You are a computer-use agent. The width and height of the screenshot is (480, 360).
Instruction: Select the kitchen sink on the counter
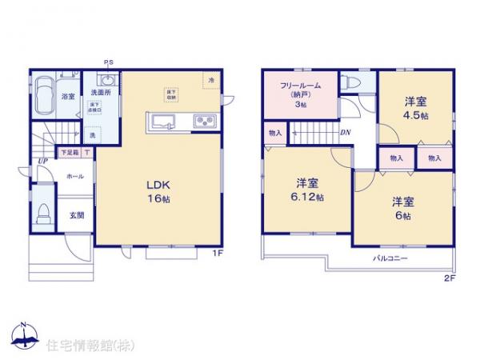pos(163,122)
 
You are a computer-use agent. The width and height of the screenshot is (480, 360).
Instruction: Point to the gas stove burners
pos(203,122)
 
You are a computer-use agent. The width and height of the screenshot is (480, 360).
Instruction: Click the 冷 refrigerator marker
pos(211,81)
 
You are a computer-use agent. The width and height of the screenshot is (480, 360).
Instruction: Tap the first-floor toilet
pos(45,214)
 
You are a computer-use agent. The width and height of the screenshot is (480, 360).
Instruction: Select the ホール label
pos(74,176)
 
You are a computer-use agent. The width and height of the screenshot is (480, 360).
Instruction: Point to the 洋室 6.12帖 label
pos(307,190)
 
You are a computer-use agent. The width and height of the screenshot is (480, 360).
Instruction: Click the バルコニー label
pos(390,259)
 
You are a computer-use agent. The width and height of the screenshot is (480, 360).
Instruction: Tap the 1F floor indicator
pos(216,254)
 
